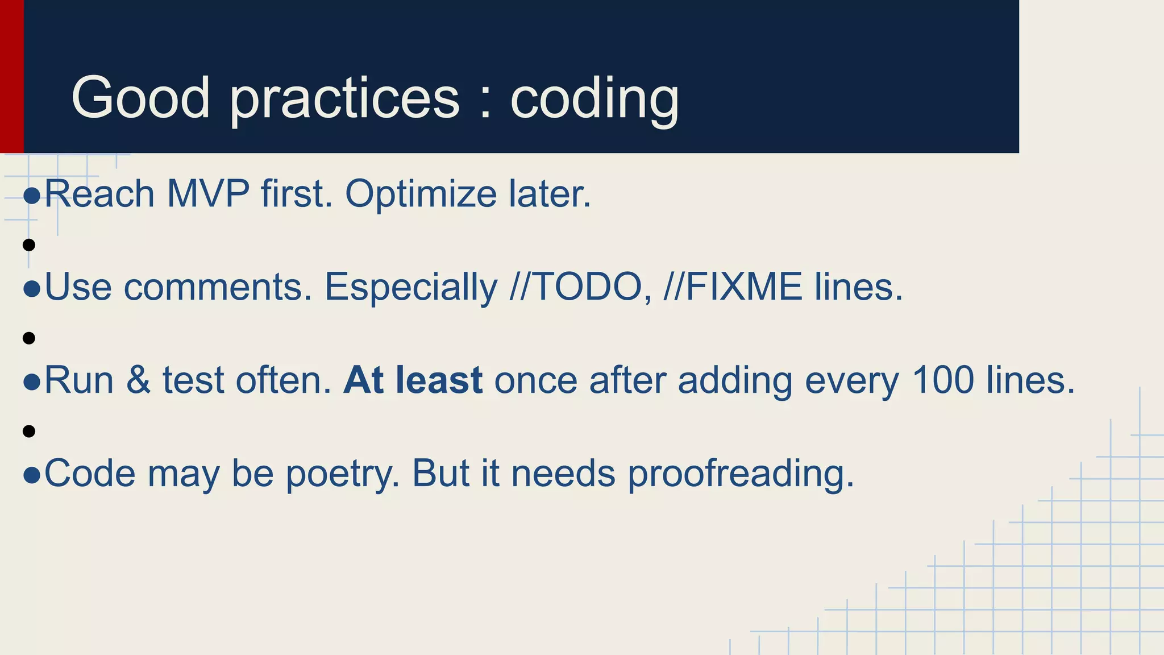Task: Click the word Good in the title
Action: [x=140, y=98]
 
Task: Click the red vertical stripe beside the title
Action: [x=11, y=76]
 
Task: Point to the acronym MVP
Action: [x=208, y=194]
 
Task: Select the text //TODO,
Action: [x=580, y=287]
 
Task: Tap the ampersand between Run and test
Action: [x=138, y=380]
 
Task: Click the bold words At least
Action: [x=413, y=380]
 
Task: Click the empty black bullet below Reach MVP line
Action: [x=29, y=245]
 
